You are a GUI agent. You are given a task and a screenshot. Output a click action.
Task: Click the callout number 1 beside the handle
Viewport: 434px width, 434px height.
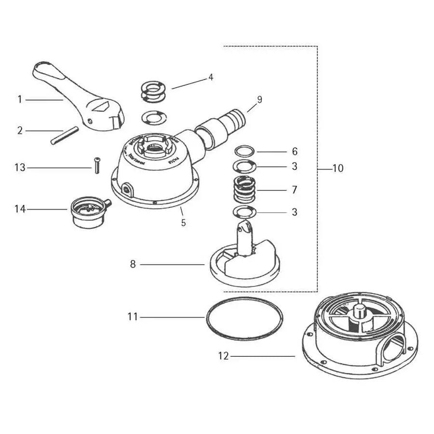[x=20, y=100]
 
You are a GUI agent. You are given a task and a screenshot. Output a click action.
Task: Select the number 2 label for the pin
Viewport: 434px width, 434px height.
[x=20, y=130]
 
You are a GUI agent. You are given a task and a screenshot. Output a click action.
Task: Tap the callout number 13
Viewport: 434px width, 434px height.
[x=20, y=168]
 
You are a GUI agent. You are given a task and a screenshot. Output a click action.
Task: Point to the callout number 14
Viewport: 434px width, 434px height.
[x=20, y=209]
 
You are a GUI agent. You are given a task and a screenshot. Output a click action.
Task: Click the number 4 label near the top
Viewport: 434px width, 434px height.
[x=211, y=77]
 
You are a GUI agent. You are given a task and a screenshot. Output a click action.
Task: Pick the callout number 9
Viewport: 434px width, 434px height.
[x=259, y=99]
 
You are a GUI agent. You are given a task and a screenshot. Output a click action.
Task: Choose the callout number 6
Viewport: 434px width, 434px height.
[x=294, y=151]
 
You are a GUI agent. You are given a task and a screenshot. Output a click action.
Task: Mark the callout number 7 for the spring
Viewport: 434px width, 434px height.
[x=294, y=190]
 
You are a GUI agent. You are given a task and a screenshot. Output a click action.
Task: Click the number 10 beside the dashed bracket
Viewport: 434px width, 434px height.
[x=338, y=169]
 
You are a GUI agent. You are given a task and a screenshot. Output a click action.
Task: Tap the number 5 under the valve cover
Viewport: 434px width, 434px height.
[x=183, y=223]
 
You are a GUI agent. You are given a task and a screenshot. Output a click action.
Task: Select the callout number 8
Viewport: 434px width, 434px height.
[x=133, y=264]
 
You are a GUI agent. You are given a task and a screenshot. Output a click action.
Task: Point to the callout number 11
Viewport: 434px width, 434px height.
[x=133, y=317]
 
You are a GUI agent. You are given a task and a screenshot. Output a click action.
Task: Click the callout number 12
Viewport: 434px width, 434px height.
[x=223, y=356]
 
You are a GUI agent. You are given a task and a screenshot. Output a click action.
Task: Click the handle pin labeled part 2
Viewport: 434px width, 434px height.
[x=64, y=136]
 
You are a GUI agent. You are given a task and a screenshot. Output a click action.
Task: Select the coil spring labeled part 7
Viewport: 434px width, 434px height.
[x=245, y=190]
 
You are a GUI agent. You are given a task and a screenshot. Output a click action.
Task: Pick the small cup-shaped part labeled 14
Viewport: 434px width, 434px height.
[x=88, y=214]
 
